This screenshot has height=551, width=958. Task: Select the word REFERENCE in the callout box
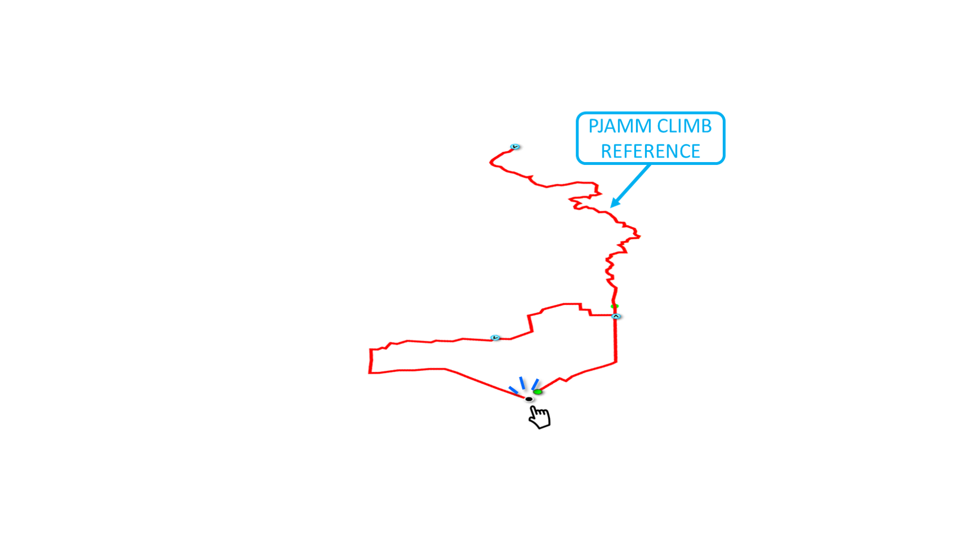[x=650, y=151]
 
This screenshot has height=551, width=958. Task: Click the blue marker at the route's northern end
[x=515, y=147]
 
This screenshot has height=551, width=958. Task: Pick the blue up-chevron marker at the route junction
[x=617, y=316]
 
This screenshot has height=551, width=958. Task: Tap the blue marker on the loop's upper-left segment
[x=496, y=338]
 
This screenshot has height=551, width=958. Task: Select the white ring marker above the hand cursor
[x=529, y=400]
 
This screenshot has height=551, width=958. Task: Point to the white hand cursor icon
[x=539, y=418]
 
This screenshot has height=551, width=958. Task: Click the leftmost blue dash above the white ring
[x=513, y=389]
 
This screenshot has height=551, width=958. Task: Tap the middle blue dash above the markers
[x=522, y=383]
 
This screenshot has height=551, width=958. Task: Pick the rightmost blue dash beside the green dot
[x=535, y=384]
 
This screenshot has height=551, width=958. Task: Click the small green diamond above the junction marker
[x=614, y=307]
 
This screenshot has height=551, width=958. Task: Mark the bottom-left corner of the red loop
[x=369, y=374]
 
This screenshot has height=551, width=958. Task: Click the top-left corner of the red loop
[x=370, y=349]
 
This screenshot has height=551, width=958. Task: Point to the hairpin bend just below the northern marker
[x=490, y=162]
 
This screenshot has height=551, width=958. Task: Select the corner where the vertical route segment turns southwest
[x=617, y=362]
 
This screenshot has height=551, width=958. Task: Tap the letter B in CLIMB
[x=706, y=126]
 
